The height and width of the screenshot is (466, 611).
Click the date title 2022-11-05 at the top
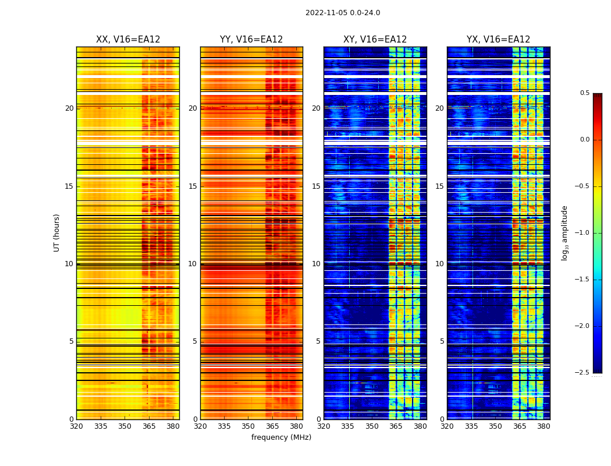342,13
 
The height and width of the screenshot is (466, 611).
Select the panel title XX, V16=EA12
128,40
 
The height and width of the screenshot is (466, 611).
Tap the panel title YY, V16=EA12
251,40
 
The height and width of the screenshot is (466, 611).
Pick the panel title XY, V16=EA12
375,40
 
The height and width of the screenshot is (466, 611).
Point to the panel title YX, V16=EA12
498,40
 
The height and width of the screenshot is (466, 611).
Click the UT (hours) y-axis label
57,232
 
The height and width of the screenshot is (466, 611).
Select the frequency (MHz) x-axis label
281,437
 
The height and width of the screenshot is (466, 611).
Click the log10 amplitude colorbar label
564,232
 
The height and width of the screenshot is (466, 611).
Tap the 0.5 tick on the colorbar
584,93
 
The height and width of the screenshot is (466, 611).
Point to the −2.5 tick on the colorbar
582,373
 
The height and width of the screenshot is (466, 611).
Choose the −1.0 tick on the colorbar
582,233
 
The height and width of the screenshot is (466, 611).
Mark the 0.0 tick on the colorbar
584,140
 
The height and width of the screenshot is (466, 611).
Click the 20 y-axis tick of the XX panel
69,108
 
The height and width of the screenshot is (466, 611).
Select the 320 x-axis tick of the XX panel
76,426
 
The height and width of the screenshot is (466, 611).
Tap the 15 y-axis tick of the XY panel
316,186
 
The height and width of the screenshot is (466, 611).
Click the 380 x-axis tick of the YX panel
543,426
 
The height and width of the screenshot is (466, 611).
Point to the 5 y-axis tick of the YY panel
195,341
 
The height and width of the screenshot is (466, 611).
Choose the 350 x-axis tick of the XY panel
372,426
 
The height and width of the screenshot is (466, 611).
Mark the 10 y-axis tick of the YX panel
439,264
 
